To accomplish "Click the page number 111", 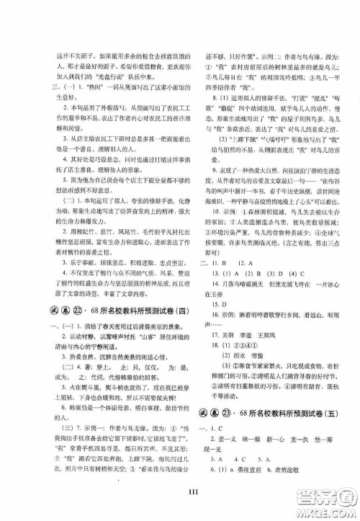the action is tap(180, 491).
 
